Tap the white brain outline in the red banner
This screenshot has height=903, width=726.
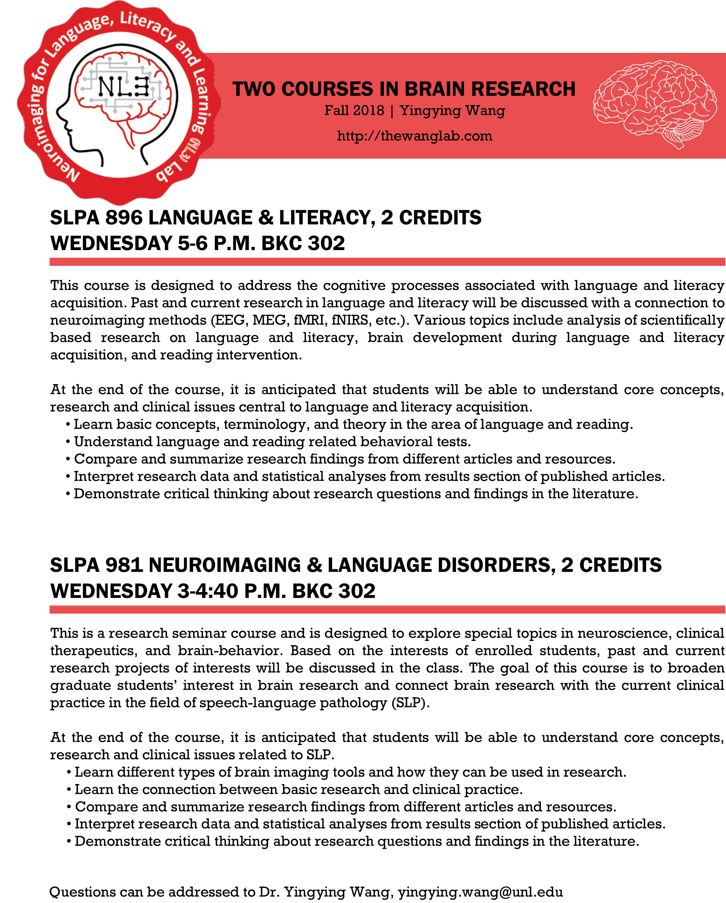click(x=655, y=104)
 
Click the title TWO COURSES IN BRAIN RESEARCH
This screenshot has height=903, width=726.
click(x=404, y=89)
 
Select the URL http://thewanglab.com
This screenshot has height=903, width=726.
click(x=414, y=136)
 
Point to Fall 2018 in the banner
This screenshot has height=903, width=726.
click(x=354, y=111)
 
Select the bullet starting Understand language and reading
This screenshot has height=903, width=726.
click(x=273, y=441)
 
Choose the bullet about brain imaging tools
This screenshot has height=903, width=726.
click(x=350, y=772)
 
